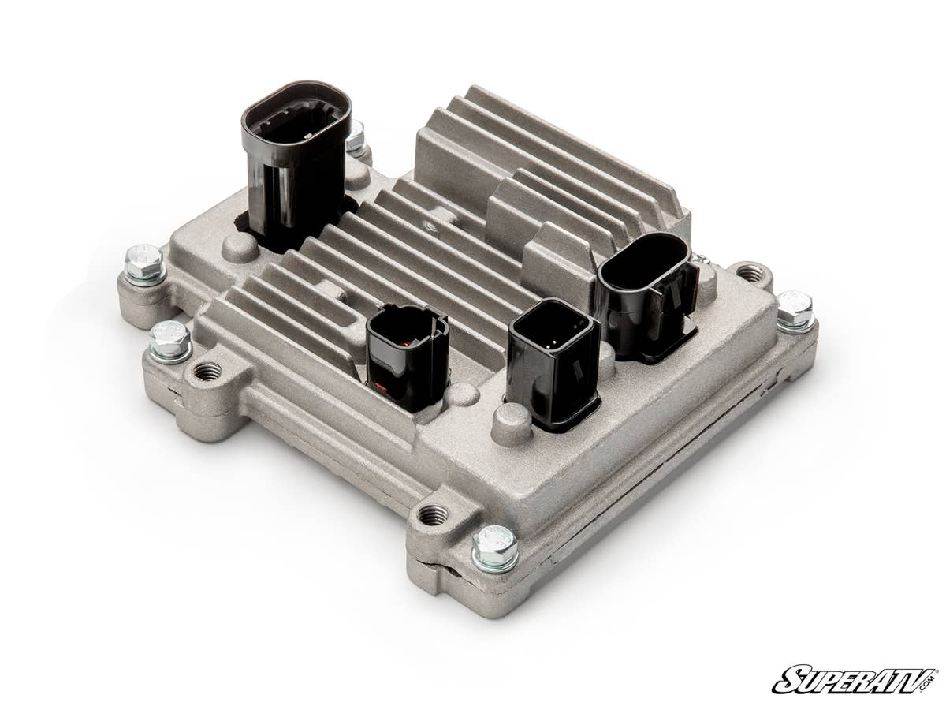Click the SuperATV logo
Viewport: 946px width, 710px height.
[x=855, y=679]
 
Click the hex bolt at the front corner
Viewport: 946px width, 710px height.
[x=495, y=546]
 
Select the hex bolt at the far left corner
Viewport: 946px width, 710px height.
[x=144, y=262]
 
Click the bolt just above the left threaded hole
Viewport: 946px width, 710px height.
[x=169, y=339]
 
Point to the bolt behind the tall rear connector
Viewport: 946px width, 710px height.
[x=356, y=136]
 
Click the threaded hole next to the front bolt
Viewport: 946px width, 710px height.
[x=433, y=515]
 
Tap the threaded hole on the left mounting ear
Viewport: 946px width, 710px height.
[x=207, y=371]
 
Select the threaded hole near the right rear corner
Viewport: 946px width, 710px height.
[x=749, y=274]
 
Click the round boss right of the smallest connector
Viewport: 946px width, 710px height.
[x=461, y=394]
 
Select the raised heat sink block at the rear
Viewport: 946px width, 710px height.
[x=552, y=170]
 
